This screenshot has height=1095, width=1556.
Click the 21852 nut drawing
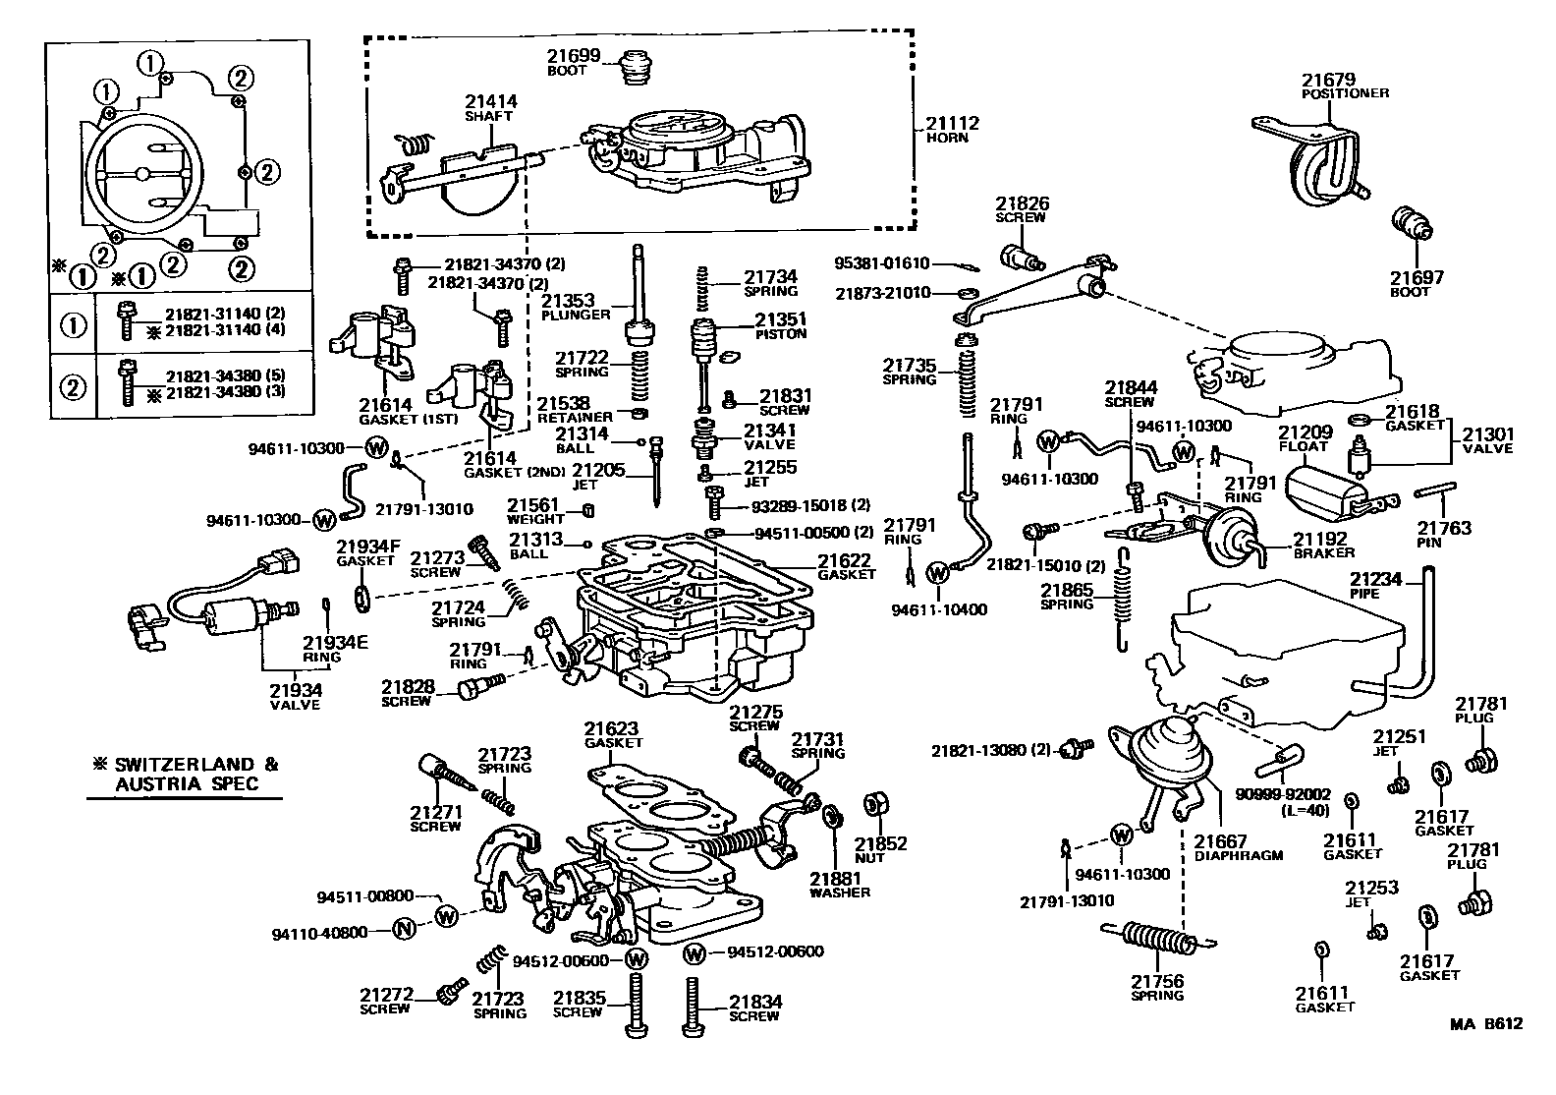click(870, 806)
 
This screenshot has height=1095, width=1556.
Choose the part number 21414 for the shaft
click(491, 101)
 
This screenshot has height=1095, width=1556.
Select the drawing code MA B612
click(1486, 1024)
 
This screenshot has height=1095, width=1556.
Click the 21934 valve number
click(296, 691)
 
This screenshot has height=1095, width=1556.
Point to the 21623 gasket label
click(612, 729)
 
